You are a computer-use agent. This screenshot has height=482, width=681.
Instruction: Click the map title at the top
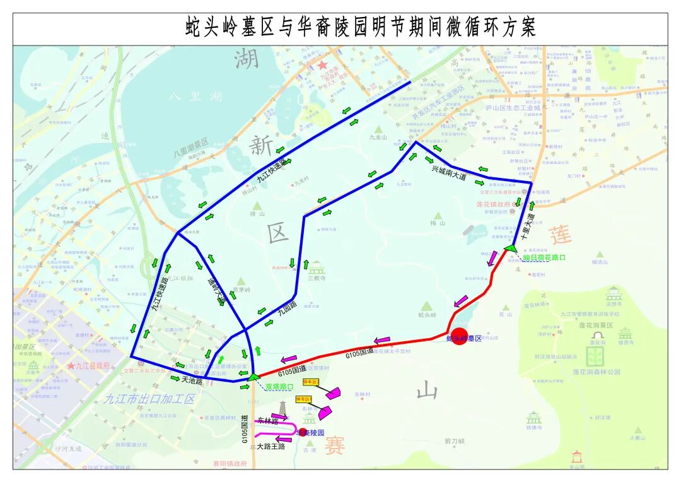click(360, 28)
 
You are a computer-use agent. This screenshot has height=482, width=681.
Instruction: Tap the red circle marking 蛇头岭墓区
click(460, 336)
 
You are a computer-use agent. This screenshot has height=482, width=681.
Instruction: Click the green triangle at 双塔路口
click(253, 377)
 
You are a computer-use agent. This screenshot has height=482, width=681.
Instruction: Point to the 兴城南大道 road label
click(449, 173)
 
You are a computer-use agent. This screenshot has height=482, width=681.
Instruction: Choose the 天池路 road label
click(192, 381)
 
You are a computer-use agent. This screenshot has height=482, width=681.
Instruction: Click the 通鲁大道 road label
click(216, 290)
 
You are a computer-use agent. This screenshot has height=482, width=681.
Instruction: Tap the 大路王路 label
click(271, 446)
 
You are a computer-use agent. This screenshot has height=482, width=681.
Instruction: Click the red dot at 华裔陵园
click(303, 432)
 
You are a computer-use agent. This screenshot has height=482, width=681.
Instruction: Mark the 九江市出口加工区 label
click(149, 399)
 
